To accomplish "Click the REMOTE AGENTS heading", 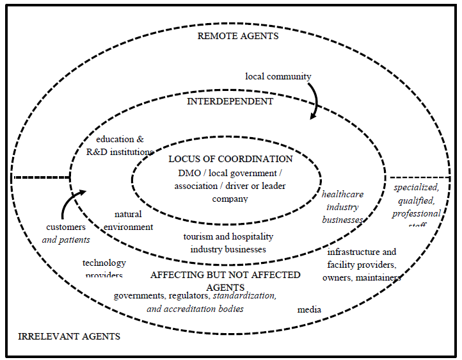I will tap(237, 37).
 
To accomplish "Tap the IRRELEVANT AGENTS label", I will tap(69, 336).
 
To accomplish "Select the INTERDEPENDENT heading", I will tap(230, 101).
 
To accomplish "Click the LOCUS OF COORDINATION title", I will tap(230, 159).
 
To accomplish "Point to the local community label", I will tap(278, 77).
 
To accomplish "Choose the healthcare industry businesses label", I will tap(343, 207).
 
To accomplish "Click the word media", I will tap(309, 310).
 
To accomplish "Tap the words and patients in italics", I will tap(67, 240).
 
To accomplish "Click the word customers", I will tap(66, 227).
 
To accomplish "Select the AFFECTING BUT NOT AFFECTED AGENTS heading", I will tap(225, 281).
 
